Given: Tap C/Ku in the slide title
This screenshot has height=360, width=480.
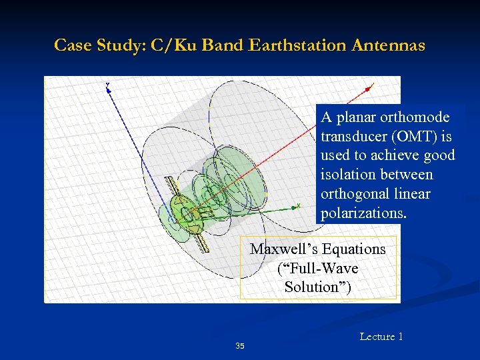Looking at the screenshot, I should click(175, 45).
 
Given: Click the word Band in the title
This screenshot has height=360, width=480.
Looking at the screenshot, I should click(223, 45).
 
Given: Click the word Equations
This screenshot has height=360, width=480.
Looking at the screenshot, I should click(353, 249).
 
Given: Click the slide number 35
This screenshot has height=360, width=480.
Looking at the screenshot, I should click(240, 346).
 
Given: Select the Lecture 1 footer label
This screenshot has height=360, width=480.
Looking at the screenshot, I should click(381, 337).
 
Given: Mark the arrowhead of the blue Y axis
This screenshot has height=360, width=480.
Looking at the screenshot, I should click(108, 86).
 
